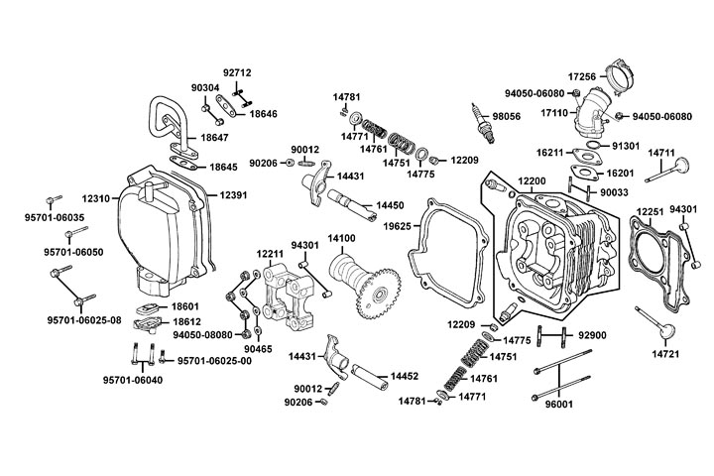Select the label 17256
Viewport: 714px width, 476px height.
point(581,75)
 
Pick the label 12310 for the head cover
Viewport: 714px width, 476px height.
point(96,197)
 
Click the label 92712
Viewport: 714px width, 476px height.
point(237,72)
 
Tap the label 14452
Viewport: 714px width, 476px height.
point(405,377)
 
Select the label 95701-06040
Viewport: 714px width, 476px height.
point(130,380)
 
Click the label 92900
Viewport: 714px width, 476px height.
point(592,337)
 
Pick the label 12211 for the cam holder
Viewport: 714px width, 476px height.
point(270,255)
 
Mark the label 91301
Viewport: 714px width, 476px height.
point(625,146)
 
